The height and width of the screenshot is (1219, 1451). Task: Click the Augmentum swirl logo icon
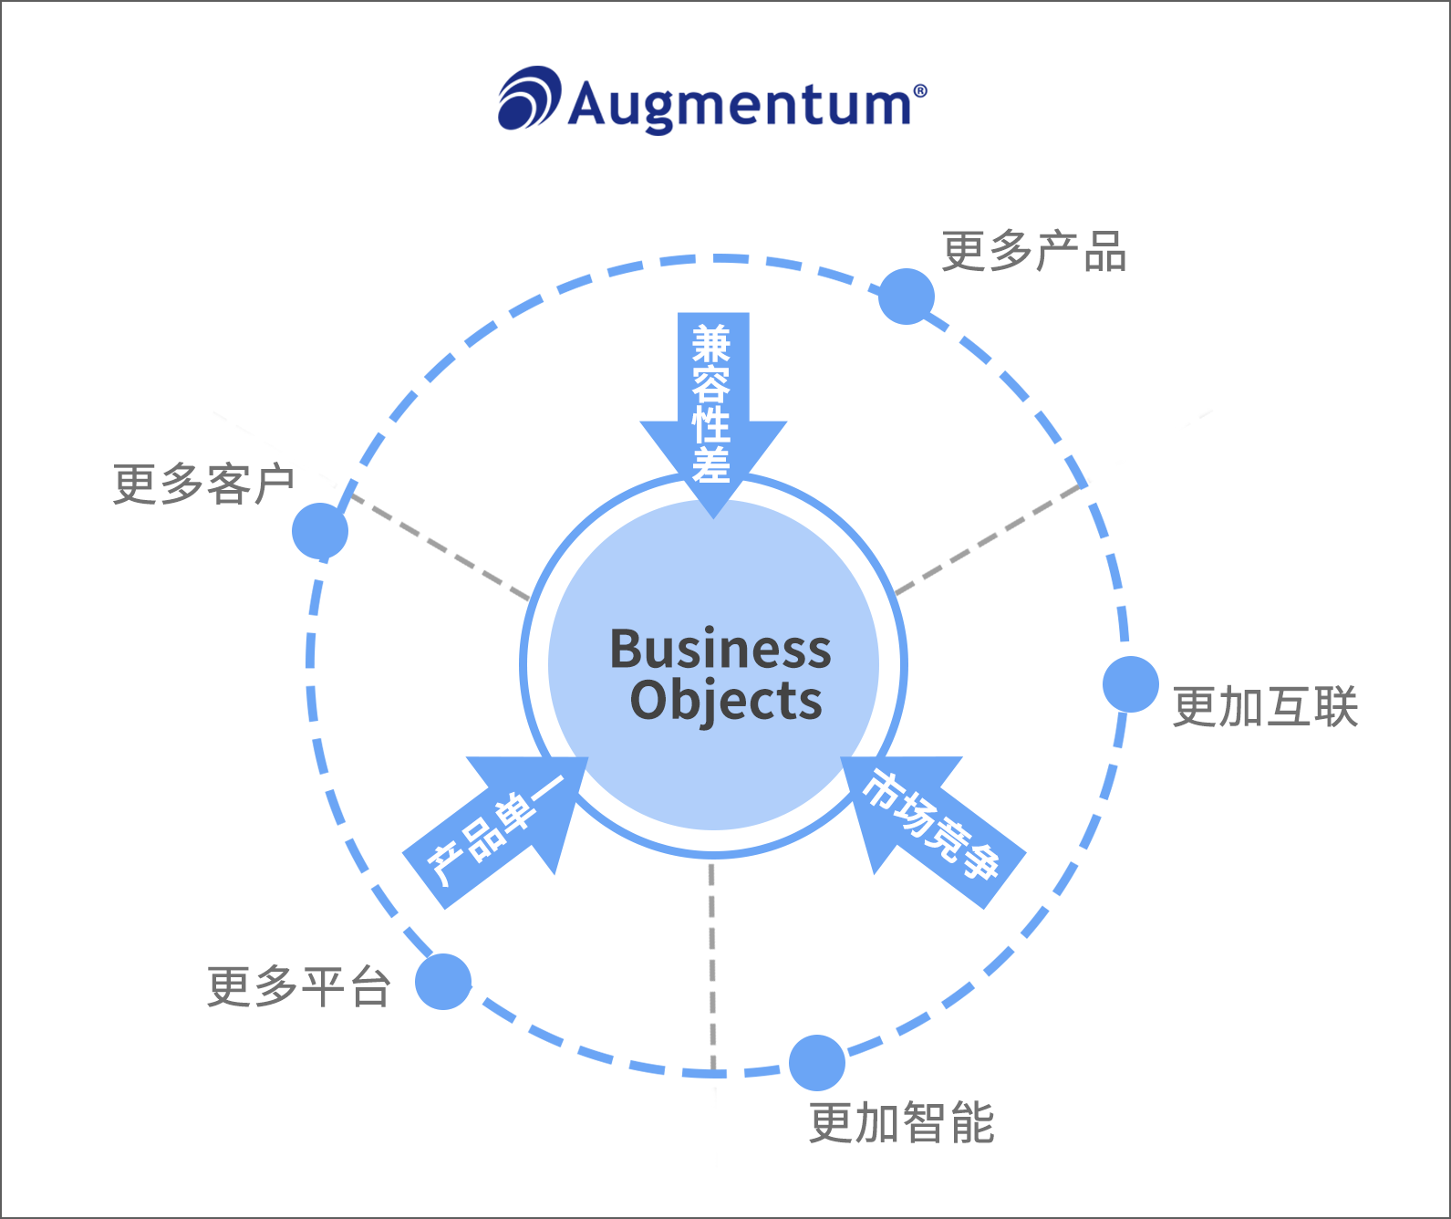(x=528, y=98)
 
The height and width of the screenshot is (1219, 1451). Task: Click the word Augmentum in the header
(x=739, y=104)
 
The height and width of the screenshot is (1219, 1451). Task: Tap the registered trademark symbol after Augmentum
(x=920, y=90)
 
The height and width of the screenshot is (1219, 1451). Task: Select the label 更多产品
(x=1034, y=252)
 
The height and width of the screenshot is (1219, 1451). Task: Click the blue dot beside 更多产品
(x=907, y=297)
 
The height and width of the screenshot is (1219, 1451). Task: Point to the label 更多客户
(x=203, y=484)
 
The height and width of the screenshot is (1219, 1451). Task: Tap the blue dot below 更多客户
(x=320, y=531)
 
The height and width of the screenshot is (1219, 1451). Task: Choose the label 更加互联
(x=1265, y=707)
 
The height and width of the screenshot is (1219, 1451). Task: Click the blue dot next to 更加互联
(x=1131, y=684)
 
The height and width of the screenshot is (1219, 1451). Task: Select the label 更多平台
(x=299, y=987)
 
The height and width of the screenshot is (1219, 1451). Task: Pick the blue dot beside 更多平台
(x=443, y=982)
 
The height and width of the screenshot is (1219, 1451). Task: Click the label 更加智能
(x=901, y=1122)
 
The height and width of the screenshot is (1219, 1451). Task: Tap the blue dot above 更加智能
(x=817, y=1063)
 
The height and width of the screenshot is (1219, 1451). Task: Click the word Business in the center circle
(x=720, y=649)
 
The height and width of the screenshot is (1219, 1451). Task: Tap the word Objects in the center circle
(x=726, y=701)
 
